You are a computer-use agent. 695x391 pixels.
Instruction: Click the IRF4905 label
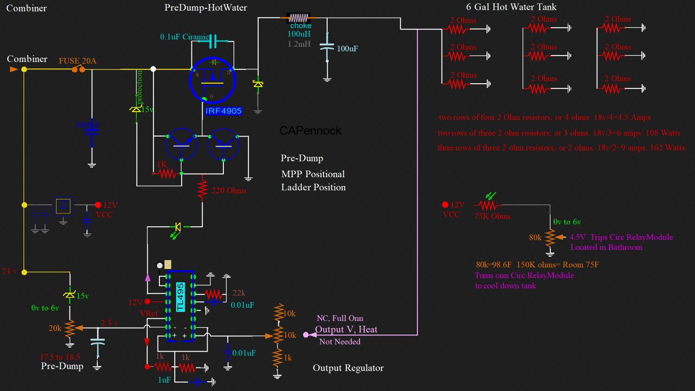click(223, 111)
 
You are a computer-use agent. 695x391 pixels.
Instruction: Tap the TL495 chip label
click(181, 297)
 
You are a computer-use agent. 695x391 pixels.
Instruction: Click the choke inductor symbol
click(298, 18)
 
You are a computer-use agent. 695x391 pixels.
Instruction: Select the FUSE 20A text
click(77, 61)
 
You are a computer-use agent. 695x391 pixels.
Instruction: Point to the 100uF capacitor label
click(347, 49)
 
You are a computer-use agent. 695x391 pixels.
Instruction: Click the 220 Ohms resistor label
click(229, 191)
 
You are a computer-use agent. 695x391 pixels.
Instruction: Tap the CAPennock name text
click(310, 131)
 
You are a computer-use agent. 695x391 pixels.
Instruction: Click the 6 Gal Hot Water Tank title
click(511, 7)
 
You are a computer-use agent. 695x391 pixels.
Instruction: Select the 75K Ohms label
click(493, 217)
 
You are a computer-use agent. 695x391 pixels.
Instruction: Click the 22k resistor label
click(239, 293)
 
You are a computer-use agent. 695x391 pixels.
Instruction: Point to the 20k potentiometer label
click(55, 328)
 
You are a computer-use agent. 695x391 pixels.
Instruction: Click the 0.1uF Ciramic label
click(184, 37)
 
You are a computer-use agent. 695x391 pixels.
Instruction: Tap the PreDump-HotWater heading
click(206, 8)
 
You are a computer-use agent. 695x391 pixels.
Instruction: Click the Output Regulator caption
click(348, 368)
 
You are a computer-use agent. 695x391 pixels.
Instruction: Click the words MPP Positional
click(313, 174)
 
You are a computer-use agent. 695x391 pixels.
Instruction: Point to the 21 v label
click(9, 271)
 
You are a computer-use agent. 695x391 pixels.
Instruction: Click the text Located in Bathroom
click(606, 247)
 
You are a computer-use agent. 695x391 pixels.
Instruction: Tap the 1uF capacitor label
click(164, 380)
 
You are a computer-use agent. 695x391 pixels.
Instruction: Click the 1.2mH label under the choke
click(299, 44)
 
